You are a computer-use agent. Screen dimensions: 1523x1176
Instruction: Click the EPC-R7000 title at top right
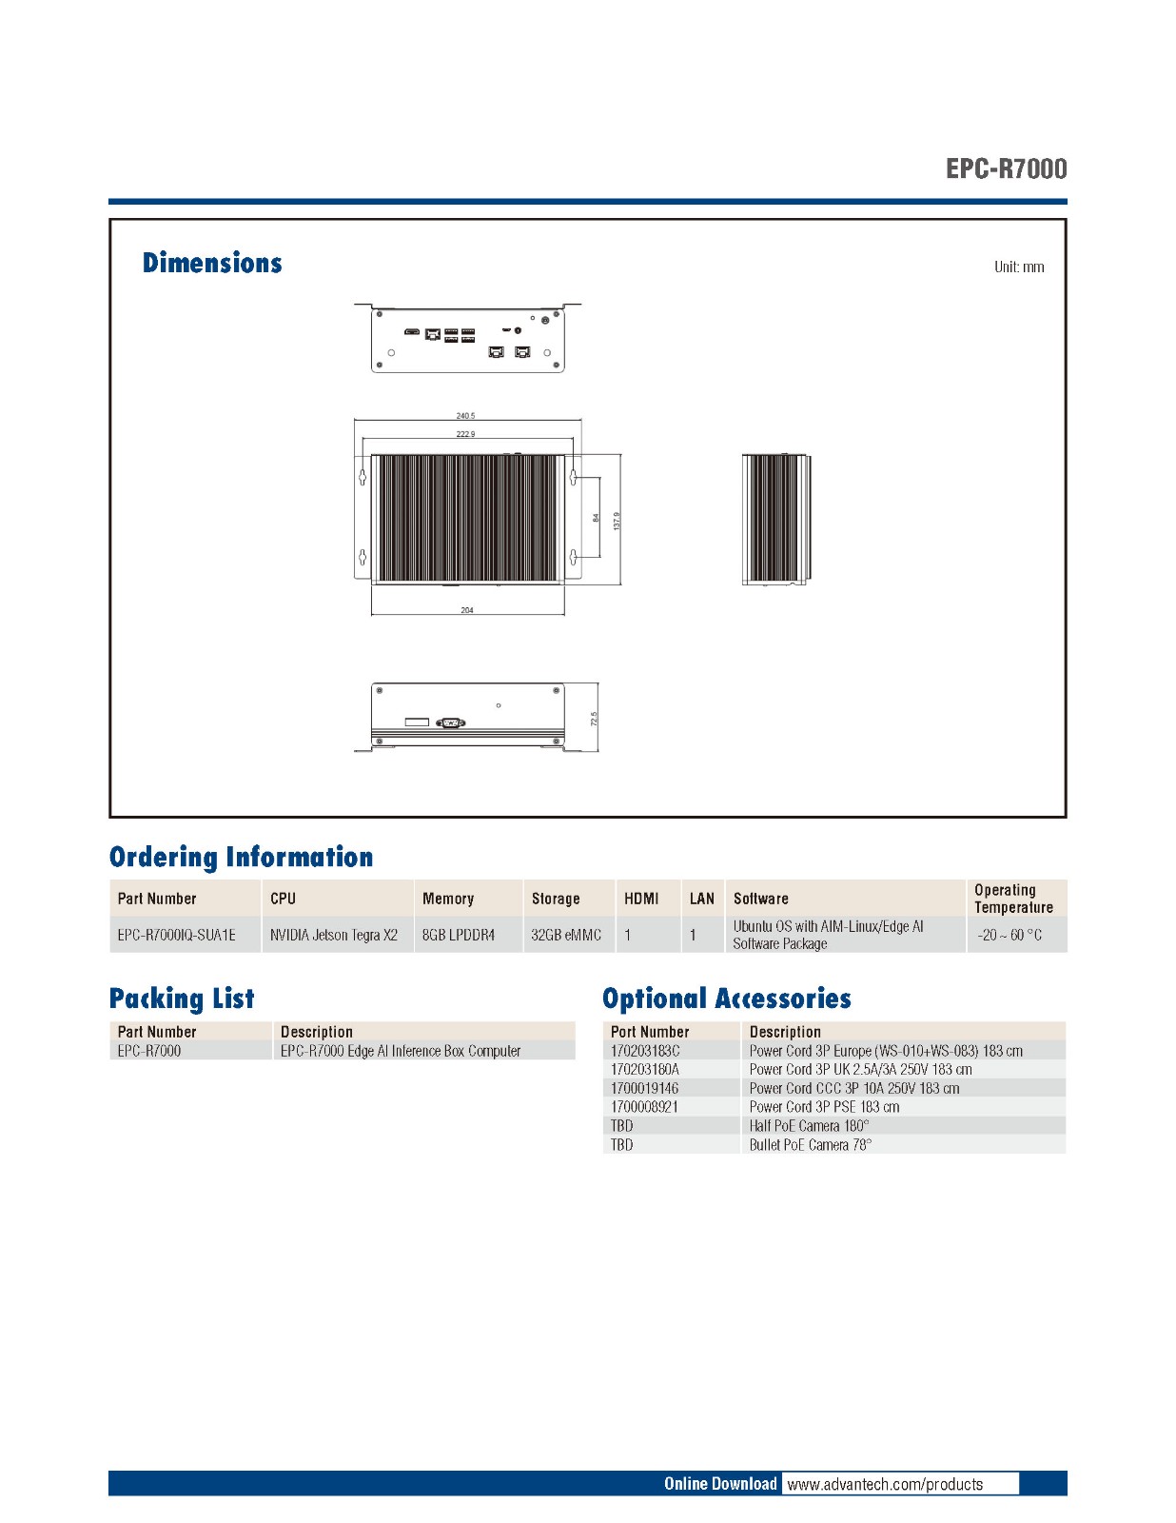pos(1006,168)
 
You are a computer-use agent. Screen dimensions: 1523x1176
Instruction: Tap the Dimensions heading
pos(212,263)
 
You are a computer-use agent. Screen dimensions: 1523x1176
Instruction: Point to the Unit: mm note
pos(1018,267)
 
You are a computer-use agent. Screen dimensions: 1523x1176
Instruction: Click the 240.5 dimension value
pos(465,416)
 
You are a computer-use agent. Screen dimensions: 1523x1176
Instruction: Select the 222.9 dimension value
pos(465,434)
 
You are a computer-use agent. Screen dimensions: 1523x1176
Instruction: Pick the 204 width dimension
pos(467,610)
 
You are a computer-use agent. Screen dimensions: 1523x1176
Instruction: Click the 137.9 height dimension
pos(617,521)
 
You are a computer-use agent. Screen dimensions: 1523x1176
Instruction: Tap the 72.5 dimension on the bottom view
pos(594,719)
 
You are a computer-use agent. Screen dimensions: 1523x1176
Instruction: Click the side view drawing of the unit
pos(775,519)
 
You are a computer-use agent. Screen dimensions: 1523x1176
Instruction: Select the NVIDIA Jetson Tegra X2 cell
pos(333,935)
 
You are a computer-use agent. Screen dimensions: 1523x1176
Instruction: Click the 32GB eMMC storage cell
pos(566,935)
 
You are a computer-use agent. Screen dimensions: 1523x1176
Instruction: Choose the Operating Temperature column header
pos(1013,899)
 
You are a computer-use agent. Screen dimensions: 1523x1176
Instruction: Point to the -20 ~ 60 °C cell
pos(1009,935)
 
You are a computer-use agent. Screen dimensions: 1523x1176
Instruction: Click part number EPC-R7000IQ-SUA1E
pos(176,935)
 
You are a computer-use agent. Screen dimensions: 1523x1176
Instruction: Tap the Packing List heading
pos(182,999)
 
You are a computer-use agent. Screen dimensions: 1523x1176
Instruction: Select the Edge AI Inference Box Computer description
pos(401,1051)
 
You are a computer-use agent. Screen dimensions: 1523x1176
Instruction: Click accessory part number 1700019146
pos(645,1088)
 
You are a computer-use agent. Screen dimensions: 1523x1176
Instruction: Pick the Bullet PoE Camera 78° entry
pos(810,1144)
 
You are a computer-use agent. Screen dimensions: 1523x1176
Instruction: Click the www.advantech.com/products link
pos(885,1484)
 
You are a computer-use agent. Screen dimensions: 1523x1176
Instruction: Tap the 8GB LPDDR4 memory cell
pos(459,935)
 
